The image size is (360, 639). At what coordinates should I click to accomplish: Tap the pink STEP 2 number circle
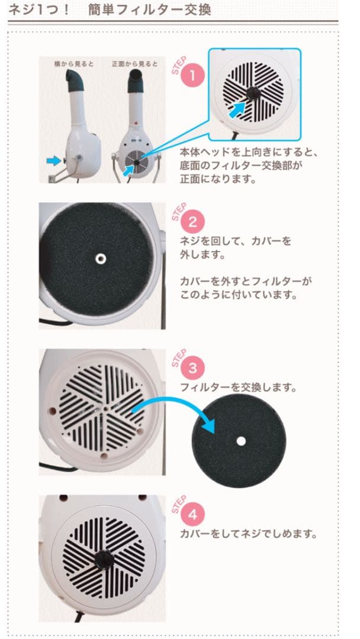pyautogui.click(x=192, y=223)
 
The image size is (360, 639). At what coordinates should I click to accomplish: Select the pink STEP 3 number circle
pyautogui.click(x=192, y=367)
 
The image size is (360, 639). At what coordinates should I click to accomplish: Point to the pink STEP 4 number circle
pyautogui.click(x=192, y=514)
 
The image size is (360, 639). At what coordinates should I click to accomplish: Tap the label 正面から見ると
pyautogui.click(x=134, y=63)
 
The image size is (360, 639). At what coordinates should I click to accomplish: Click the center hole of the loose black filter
pyautogui.click(x=240, y=441)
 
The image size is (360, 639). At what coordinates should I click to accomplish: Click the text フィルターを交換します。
pyautogui.click(x=239, y=388)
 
